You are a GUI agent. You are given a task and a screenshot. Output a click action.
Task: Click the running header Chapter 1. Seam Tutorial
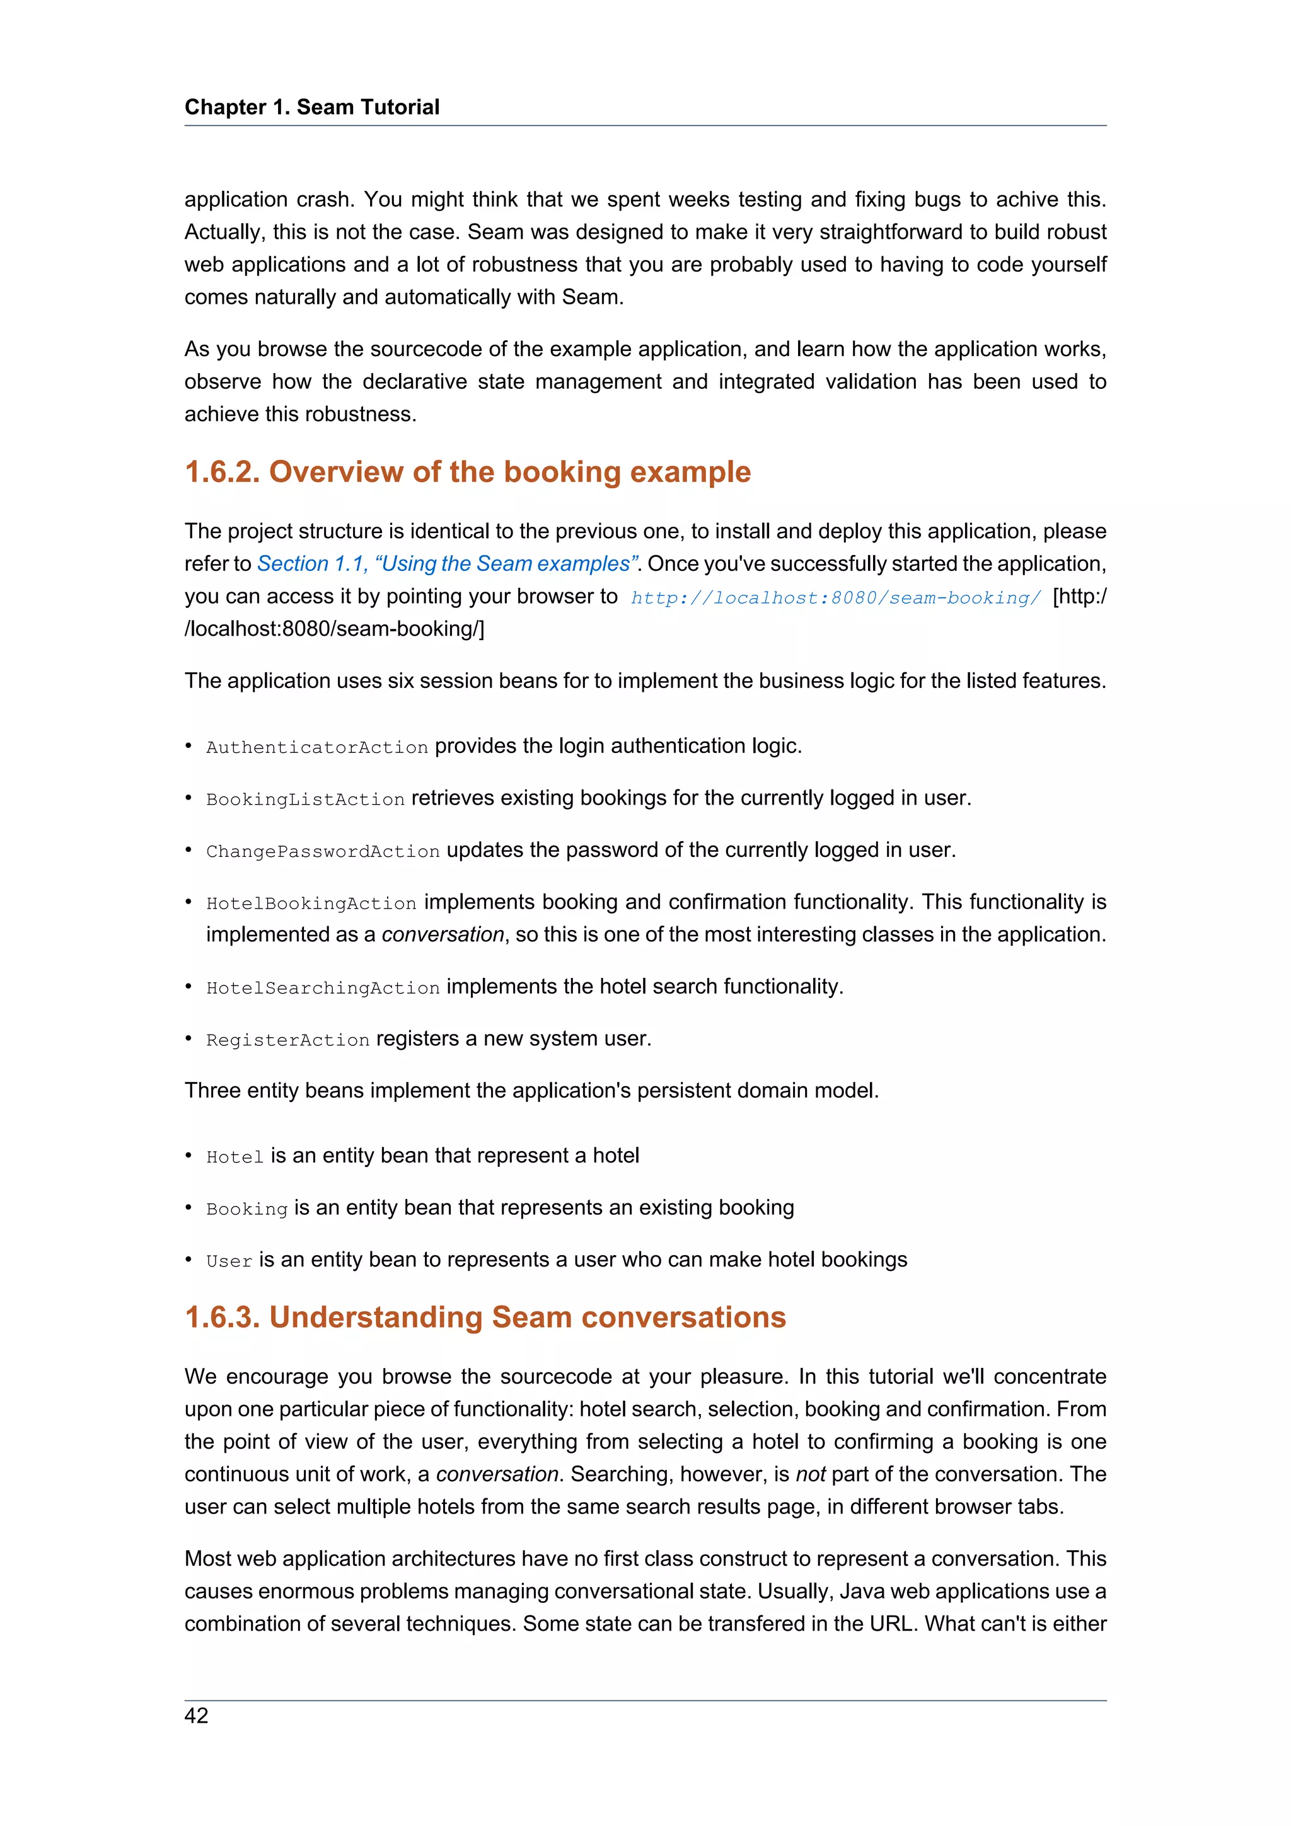click(x=312, y=107)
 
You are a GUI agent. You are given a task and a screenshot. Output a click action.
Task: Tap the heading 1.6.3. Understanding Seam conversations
click(x=485, y=1317)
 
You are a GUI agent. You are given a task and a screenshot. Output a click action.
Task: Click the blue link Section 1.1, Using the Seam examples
click(x=448, y=564)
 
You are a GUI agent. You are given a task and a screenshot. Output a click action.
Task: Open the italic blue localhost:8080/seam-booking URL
click(x=835, y=598)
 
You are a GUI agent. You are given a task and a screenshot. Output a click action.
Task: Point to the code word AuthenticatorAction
click(x=316, y=747)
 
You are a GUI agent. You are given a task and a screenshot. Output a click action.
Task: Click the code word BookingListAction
click(x=306, y=800)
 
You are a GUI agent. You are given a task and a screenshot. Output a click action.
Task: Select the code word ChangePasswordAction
click(x=323, y=852)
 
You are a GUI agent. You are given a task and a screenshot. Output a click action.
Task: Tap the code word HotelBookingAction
click(x=311, y=904)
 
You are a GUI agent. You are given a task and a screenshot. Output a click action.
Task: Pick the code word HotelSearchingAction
click(x=323, y=988)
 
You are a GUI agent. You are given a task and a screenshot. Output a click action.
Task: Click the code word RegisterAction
click(x=288, y=1040)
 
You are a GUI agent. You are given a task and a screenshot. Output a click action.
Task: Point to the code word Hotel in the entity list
click(x=234, y=1157)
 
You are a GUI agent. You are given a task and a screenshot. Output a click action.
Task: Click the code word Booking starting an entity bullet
click(x=246, y=1209)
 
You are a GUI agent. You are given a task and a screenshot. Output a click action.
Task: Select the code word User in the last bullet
click(x=229, y=1261)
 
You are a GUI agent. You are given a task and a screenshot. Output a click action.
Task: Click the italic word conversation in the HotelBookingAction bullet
click(x=443, y=934)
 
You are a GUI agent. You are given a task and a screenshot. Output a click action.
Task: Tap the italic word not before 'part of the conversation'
click(x=811, y=1474)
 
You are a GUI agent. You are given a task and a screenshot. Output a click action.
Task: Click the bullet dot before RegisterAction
click(x=189, y=1038)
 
